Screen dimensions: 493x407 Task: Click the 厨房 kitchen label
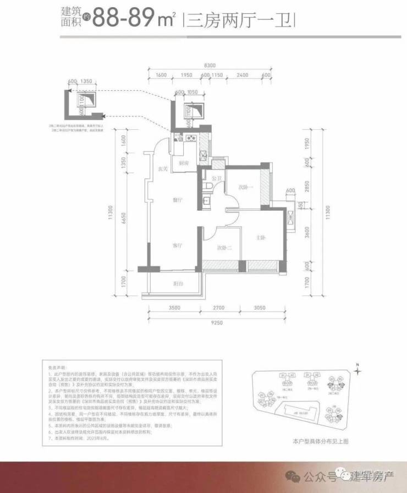[x=184, y=163]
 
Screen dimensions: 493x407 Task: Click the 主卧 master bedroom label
[x=261, y=238]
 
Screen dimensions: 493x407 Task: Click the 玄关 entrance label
[x=162, y=168]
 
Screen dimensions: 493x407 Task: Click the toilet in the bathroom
[x=207, y=189]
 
